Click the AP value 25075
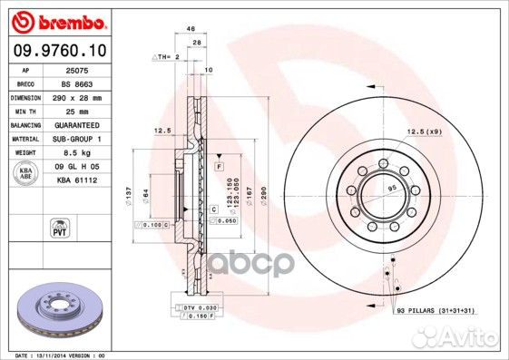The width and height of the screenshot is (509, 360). click(x=75, y=70)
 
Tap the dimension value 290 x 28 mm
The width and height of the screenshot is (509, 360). click(x=75, y=96)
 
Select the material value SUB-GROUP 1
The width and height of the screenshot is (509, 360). click(x=75, y=138)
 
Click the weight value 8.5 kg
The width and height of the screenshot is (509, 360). click(x=75, y=153)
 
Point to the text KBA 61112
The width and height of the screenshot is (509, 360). click(x=75, y=180)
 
